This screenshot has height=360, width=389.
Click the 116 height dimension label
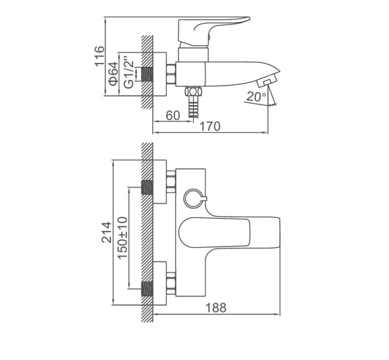(x=100, y=56)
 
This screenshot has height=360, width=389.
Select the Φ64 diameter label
(x=114, y=74)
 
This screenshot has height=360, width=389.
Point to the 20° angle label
(x=256, y=97)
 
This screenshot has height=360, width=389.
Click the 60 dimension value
(x=172, y=115)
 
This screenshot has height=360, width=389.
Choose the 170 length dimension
(x=210, y=126)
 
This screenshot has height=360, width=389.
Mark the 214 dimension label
(x=107, y=232)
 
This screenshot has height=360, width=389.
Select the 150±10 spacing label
(x=123, y=238)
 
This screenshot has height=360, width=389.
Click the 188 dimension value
(x=216, y=307)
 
